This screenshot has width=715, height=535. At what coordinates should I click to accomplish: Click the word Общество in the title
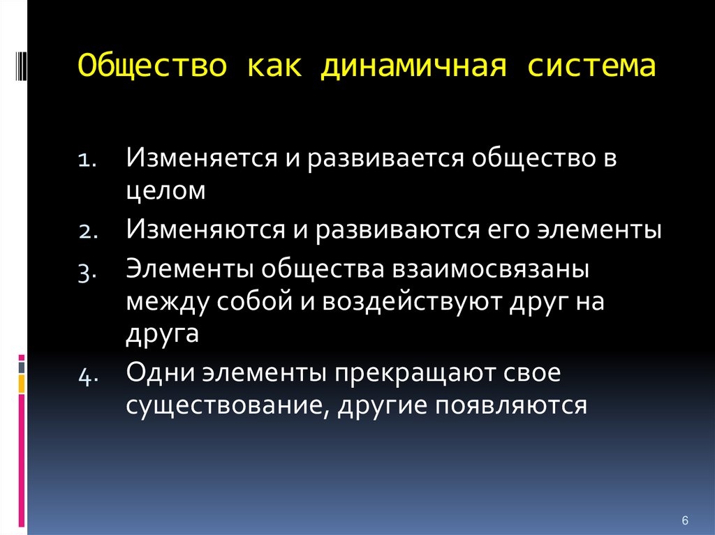click(x=152, y=65)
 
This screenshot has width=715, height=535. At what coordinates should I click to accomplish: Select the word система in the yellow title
click(x=592, y=66)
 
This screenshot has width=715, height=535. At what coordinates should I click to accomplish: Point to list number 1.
click(x=87, y=160)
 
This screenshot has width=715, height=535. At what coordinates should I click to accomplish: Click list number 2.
click(x=88, y=232)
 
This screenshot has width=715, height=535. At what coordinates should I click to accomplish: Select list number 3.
click(x=87, y=273)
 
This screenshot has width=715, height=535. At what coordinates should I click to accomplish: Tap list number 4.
click(x=88, y=377)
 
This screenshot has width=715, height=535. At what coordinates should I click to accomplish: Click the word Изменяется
click(x=202, y=158)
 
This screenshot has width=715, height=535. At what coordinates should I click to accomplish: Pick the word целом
click(x=165, y=191)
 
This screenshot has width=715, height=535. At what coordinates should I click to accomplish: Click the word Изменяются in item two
click(x=206, y=229)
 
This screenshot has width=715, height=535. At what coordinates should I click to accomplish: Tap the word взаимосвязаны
click(x=491, y=269)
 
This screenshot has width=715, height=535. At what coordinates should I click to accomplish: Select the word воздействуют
click(x=412, y=301)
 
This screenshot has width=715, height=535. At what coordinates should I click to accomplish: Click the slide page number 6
click(x=685, y=520)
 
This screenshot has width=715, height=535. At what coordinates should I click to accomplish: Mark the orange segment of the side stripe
click(x=22, y=384)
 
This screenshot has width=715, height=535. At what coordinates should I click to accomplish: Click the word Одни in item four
click(x=160, y=372)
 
